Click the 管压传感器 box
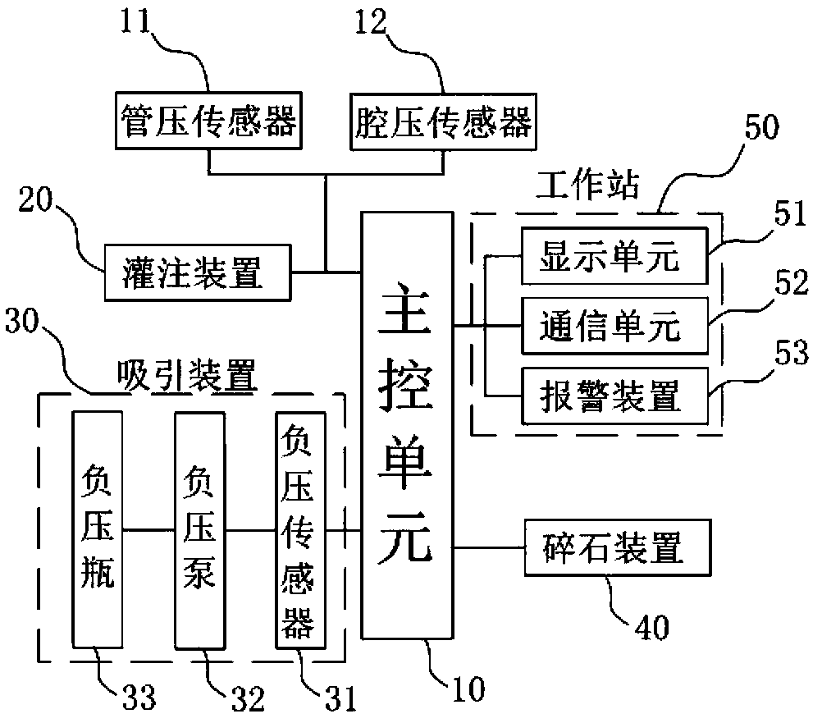tap(208, 121)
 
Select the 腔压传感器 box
tap(444, 122)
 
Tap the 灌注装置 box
tap(198, 272)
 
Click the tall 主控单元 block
tap(408, 426)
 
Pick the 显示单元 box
tap(614, 256)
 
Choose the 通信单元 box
tap(614, 326)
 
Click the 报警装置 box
tap(614, 396)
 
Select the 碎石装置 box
tap(618, 548)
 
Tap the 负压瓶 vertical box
tap(98, 529)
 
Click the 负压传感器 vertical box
tap(301, 531)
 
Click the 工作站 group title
tap(588, 185)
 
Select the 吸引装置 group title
tap(187, 376)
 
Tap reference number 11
tap(135, 21)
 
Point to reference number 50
tap(762, 127)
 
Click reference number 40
tap(652, 627)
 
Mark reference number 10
tap(468, 689)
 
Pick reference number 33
tap(139, 698)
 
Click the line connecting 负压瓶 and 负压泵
tap(148, 530)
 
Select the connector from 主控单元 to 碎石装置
tap(489, 548)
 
